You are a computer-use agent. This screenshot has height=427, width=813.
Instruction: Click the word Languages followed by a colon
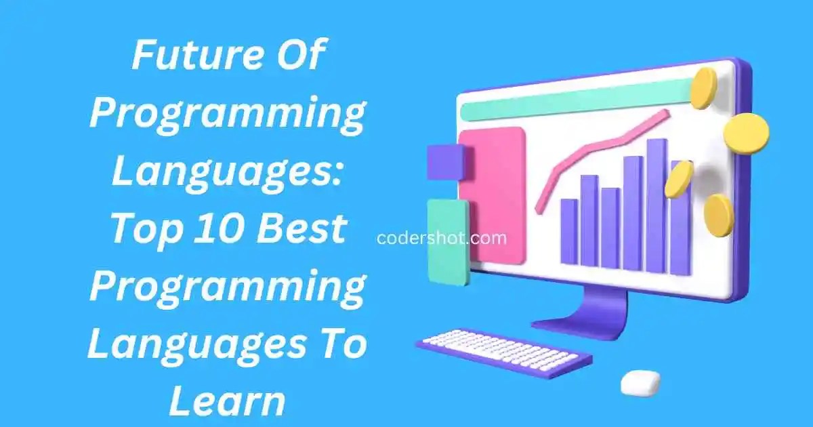point(227,172)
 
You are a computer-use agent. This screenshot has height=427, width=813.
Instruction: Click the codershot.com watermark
point(440,238)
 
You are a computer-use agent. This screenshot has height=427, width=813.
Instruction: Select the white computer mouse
point(640,382)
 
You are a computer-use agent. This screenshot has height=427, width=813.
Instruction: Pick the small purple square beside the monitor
point(445,163)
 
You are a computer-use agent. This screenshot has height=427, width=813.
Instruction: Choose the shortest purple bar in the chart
point(569,230)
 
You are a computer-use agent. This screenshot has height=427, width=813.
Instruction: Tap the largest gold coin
point(746,133)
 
